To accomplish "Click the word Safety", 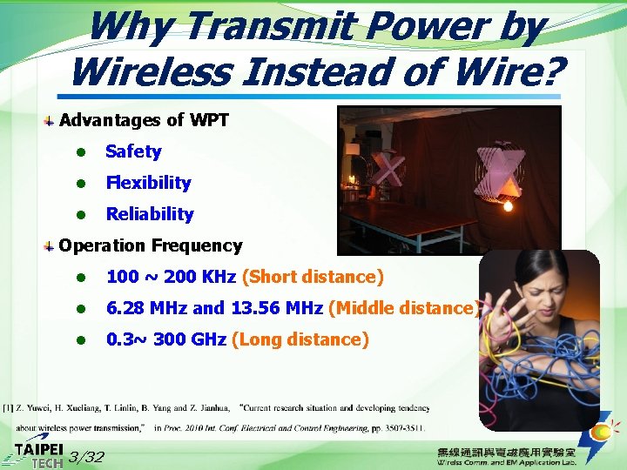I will pyautogui.click(x=133, y=151).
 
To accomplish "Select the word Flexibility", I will pyautogui.click(x=148, y=183).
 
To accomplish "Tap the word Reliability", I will pyautogui.click(x=150, y=214).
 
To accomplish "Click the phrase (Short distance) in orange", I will pyautogui.click(x=313, y=277).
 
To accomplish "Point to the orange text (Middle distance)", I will pyautogui.click(x=402, y=308).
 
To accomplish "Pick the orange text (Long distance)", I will pyautogui.click(x=300, y=339).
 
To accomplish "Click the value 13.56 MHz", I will pyautogui.click(x=276, y=308).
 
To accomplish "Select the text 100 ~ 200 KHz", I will pyautogui.click(x=171, y=277).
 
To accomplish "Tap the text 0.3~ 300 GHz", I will pyautogui.click(x=165, y=339).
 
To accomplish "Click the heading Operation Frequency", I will pyautogui.click(x=150, y=245).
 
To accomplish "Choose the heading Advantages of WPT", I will pyautogui.click(x=144, y=120).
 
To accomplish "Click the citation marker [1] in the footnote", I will pyautogui.click(x=7, y=407).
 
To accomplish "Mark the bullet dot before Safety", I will pyautogui.click(x=78, y=152).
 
